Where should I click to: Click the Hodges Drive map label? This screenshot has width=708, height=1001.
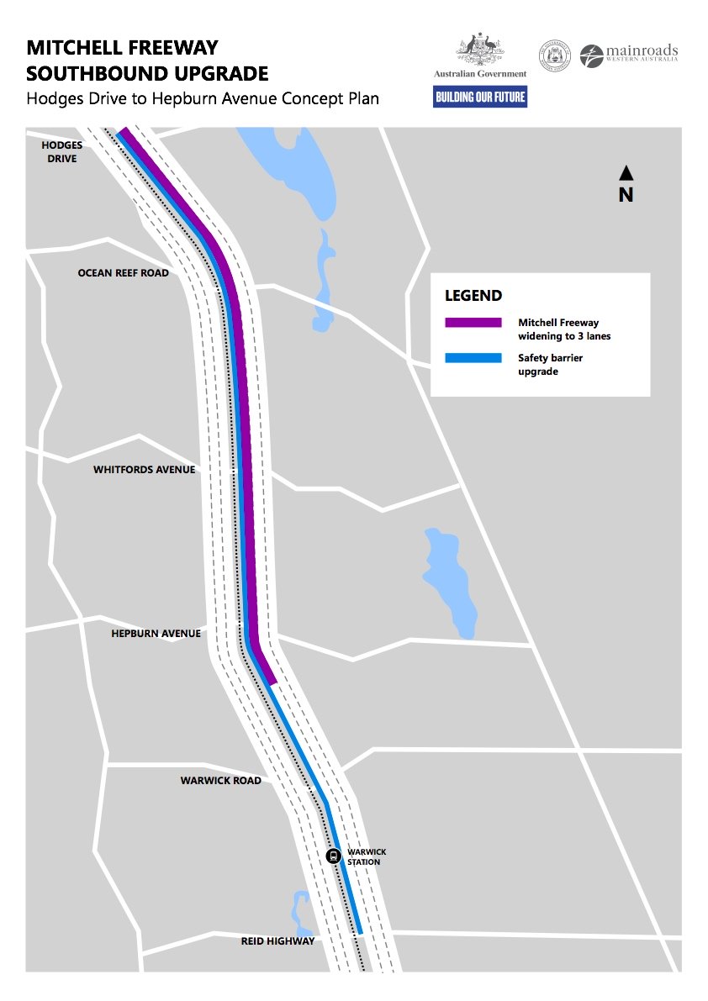(62, 151)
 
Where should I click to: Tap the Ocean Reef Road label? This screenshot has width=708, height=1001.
(123, 273)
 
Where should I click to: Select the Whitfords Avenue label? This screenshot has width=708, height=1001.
(144, 470)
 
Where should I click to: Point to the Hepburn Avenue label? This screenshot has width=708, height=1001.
(156, 634)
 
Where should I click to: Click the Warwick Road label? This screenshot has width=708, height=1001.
(220, 781)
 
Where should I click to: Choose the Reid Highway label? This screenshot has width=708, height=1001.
(277, 941)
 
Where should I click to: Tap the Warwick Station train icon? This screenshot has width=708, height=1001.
(333, 856)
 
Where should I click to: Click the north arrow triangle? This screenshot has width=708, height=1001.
(626, 173)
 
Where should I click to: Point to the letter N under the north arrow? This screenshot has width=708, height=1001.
(626, 195)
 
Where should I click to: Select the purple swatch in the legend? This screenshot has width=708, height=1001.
(473, 322)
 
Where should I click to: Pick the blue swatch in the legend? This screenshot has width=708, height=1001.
(473, 358)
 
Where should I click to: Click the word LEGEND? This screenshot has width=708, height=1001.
(473, 296)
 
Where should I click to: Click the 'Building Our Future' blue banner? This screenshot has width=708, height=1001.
(480, 97)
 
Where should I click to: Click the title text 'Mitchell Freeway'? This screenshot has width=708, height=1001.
(123, 47)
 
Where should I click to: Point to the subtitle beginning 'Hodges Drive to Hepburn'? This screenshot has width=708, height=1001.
(203, 98)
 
